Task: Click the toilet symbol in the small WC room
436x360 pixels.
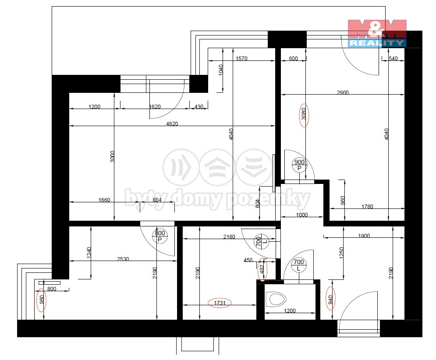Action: [276, 299]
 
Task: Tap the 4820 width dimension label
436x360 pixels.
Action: [172, 124]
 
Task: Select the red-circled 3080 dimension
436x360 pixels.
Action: [304, 113]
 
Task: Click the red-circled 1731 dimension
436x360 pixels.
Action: [220, 303]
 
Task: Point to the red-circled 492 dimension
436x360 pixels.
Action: [262, 269]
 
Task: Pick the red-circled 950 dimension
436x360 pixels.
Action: [42, 300]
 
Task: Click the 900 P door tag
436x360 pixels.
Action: [299, 165]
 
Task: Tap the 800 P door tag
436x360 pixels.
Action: [160, 236]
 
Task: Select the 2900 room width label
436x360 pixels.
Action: [343, 92]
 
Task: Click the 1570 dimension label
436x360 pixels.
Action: [241, 58]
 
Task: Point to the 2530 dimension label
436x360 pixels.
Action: [123, 259]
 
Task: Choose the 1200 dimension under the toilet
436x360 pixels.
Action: [290, 311]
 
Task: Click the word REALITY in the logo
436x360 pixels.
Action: [376, 43]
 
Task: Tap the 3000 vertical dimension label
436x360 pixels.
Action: [112, 156]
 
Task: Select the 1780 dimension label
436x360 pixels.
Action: [367, 207]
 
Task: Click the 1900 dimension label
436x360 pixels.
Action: [364, 236]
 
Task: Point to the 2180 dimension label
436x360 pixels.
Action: [229, 236]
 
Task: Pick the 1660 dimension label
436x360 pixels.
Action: [104, 200]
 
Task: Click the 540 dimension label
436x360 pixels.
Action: [393, 58]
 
